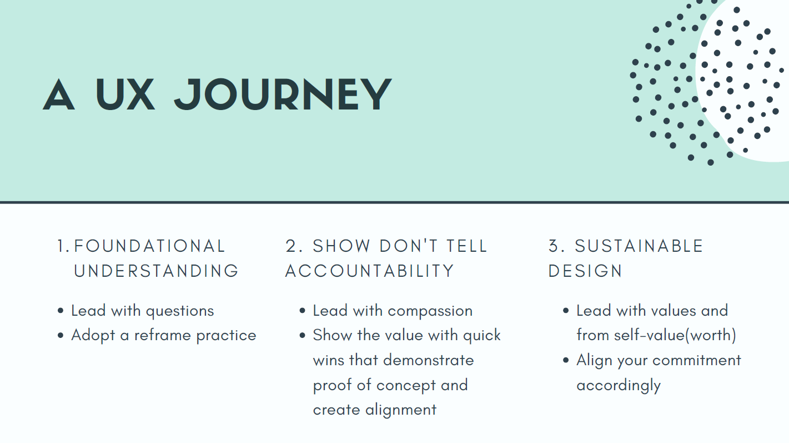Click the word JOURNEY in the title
pyautogui.click(x=283, y=94)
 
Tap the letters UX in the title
pyautogui.click(x=125, y=94)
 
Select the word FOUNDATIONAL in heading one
pyautogui.click(x=149, y=246)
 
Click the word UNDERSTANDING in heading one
pyautogui.click(x=156, y=271)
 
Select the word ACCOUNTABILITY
pyautogui.click(x=370, y=271)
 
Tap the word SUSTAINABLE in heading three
pyautogui.click(x=639, y=246)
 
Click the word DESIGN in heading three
pyautogui.click(x=585, y=271)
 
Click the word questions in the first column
pyautogui.click(x=179, y=311)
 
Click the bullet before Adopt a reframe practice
pyautogui.click(x=61, y=336)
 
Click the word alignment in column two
pyautogui.click(x=401, y=410)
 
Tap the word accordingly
pyautogui.click(x=619, y=386)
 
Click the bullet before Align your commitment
pyautogui.click(x=566, y=361)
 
